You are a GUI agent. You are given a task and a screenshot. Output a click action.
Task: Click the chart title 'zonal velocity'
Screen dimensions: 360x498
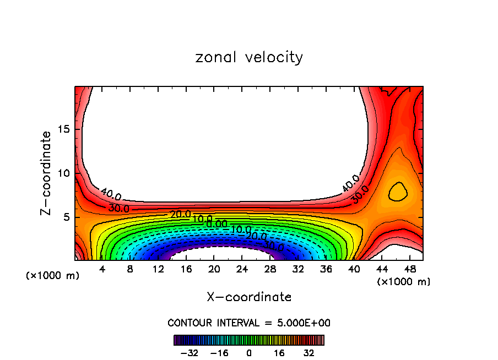[249, 57]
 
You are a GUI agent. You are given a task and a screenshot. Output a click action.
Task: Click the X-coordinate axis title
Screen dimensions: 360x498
[249, 297]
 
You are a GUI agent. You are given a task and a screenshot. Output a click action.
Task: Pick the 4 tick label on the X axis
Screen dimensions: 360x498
[101, 269]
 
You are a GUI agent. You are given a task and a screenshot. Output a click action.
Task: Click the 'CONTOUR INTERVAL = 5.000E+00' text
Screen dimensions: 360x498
[249, 323]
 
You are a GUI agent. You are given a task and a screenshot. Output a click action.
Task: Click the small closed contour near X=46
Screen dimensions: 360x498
[398, 192]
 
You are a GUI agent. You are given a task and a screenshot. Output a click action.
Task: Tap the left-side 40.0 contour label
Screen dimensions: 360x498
[111, 194]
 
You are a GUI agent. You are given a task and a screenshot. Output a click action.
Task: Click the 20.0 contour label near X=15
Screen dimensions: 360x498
[181, 214]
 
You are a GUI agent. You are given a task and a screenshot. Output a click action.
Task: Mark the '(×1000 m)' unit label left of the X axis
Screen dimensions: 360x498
[53, 275]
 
